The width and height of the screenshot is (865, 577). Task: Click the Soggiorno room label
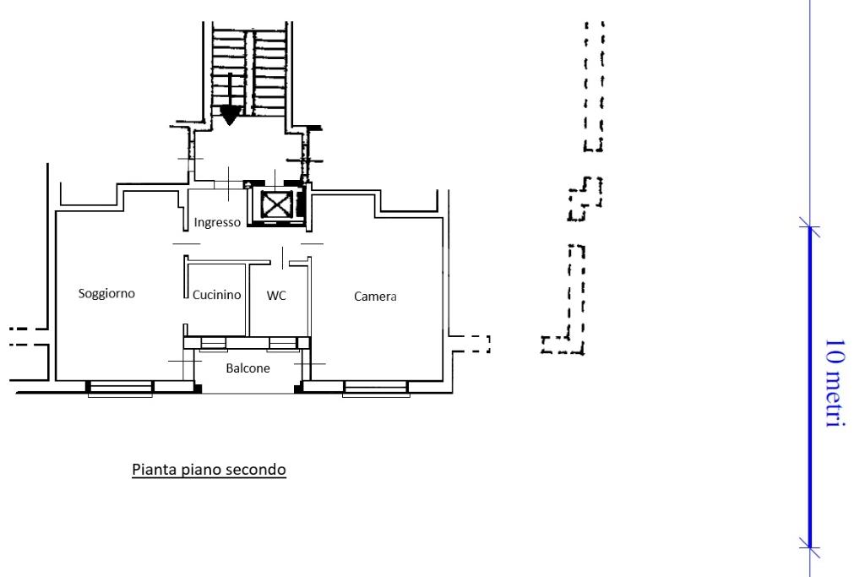pyautogui.click(x=106, y=293)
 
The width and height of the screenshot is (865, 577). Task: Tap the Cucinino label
pyautogui.click(x=217, y=295)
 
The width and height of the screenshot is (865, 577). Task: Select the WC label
pyautogui.click(x=276, y=296)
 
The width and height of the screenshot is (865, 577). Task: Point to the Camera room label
pyautogui.click(x=375, y=297)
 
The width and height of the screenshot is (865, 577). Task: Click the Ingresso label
pyautogui.click(x=217, y=222)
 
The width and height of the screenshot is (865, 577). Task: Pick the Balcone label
pyautogui.click(x=248, y=368)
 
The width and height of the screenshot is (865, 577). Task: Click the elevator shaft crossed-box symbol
pyautogui.click(x=276, y=204)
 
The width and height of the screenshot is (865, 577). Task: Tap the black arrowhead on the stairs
pyautogui.click(x=230, y=116)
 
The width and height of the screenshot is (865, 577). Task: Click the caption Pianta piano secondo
pyautogui.click(x=209, y=470)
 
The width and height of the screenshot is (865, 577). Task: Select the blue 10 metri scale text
pyautogui.click(x=835, y=383)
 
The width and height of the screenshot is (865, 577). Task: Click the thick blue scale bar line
pyautogui.click(x=810, y=387)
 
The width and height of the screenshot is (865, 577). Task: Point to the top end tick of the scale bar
pyautogui.click(x=810, y=226)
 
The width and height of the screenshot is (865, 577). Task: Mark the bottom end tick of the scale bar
pyautogui.click(x=810, y=547)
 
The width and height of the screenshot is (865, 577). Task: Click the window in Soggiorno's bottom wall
pyautogui.click(x=120, y=389)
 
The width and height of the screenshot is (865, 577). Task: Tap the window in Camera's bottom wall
pyautogui.click(x=376, y=389)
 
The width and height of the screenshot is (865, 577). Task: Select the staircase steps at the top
pyautogui.click(x=249, y=72)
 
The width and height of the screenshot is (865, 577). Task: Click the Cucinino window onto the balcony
pyautogui.click(x=214, y=345)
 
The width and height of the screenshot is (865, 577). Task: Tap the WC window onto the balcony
pyautogui.click(x=282, y=345)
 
